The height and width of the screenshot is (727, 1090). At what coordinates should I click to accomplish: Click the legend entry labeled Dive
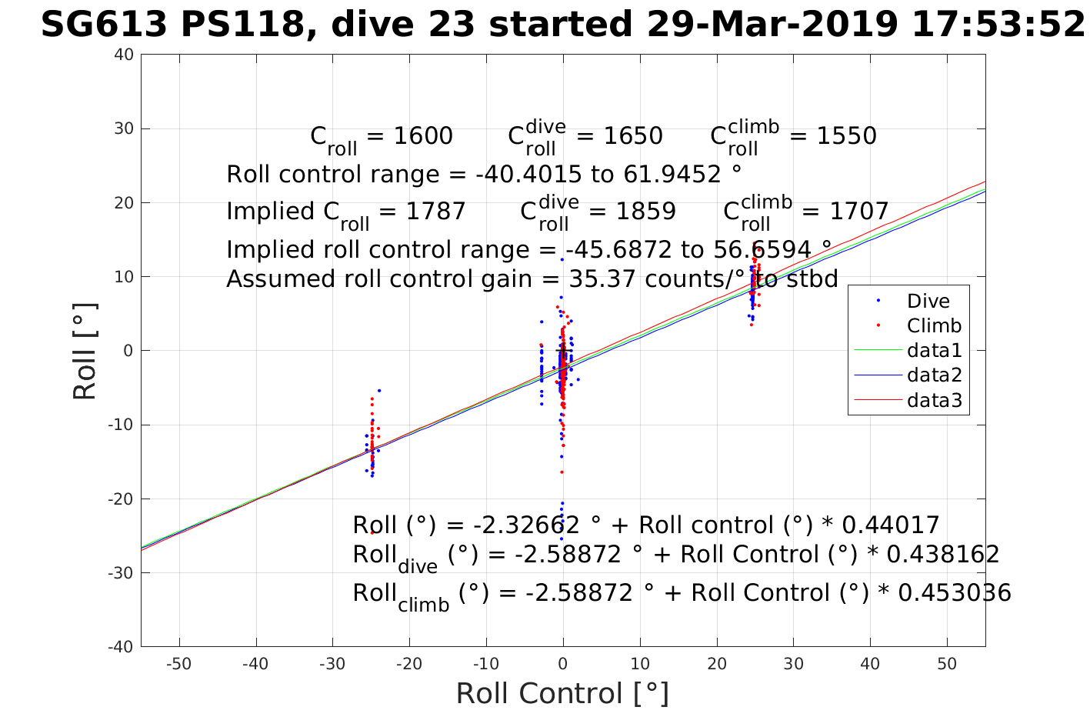pyautogui.click(x=928, y=301)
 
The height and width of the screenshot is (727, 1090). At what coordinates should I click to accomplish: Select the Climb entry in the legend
pyautogui.click(x=934, y=325)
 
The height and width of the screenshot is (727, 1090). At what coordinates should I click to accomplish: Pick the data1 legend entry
pyautogui.click(x=935, y=351)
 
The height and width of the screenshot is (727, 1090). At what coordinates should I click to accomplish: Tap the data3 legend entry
pyautogui.click(x=935, y=400)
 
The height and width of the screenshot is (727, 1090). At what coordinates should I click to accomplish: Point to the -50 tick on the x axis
pyautogui.click(x=178, y=664)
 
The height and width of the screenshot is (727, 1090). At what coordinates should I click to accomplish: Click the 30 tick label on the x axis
pyautogui.click(x=793, y=664)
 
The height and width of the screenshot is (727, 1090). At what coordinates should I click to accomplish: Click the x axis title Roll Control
pyautogui.click(x=562, y=693)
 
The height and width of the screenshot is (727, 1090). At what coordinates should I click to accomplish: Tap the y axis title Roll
pyautogui.click(x=85, y=351)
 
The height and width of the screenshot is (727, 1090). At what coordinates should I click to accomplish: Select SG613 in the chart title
pyautogui.click(x=103, y=25)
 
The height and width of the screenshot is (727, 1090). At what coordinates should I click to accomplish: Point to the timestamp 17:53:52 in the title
pyautogui.click(x=998, y=25)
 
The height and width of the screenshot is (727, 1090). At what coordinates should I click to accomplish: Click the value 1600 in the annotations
pyautogui.click(x=422, y=136)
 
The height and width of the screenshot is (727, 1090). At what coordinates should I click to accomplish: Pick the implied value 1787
pyautogui.click(x=435, y=211)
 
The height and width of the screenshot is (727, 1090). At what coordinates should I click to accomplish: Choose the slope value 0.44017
pyautogui.click(x=892, y=525)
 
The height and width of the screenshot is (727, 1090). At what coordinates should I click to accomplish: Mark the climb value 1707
pyautogui.click(x=858, y=211)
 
